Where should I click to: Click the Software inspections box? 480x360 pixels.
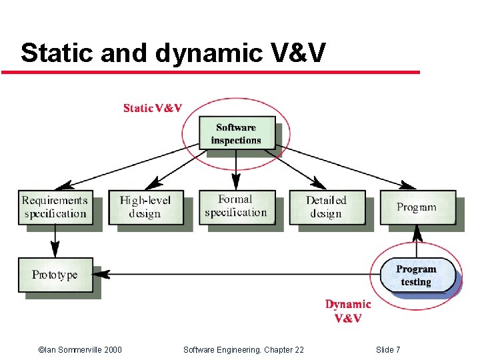click(x=236, y=133)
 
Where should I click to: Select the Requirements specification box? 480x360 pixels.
click(x=55, y=207)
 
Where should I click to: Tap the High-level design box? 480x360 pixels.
click(x=145, y=207)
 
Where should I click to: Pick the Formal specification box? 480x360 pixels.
click(x=235, y=206)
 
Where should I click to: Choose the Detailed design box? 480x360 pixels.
click(x=326, y=207)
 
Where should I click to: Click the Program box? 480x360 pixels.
click(x=417, y=207)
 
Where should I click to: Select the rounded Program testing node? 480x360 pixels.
click(x=417, y=275)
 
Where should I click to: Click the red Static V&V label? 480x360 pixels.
click(x=153, y=109)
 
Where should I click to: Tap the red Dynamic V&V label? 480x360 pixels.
click(x=348, y=311)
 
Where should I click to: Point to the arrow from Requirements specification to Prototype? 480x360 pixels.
click(x=55, y=241)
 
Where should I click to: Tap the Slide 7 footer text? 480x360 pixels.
click(x=388, y=349)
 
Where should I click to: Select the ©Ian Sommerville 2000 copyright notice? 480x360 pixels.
click(x=80, y=349)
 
